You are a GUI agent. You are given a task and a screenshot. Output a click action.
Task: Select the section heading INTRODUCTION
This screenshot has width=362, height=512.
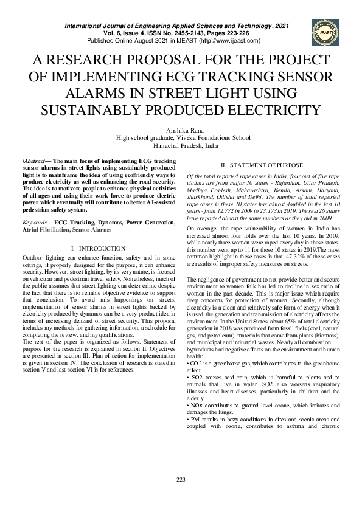101,249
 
